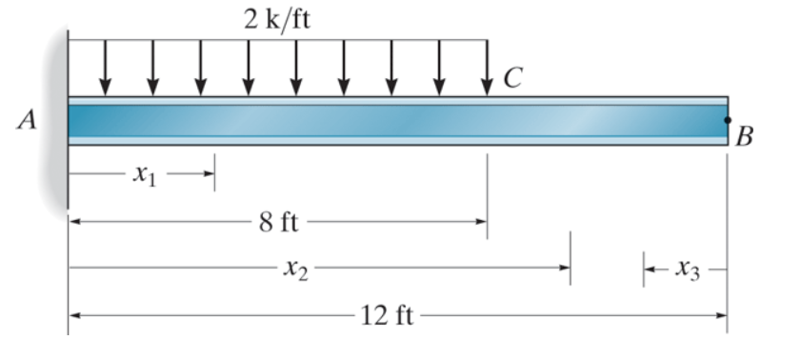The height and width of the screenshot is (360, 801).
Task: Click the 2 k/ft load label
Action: tap(276, 20)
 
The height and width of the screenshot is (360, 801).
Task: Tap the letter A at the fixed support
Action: tap(28, 120)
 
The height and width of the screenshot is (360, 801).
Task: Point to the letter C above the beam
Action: tap(512, 79)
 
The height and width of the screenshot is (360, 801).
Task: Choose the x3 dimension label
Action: tap(687, 270)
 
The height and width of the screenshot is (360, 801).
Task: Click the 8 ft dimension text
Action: tap(277, 223)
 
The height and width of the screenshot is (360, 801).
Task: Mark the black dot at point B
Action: tap(727, 121)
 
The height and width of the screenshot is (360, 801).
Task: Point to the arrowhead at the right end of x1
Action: tap(209, 175)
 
